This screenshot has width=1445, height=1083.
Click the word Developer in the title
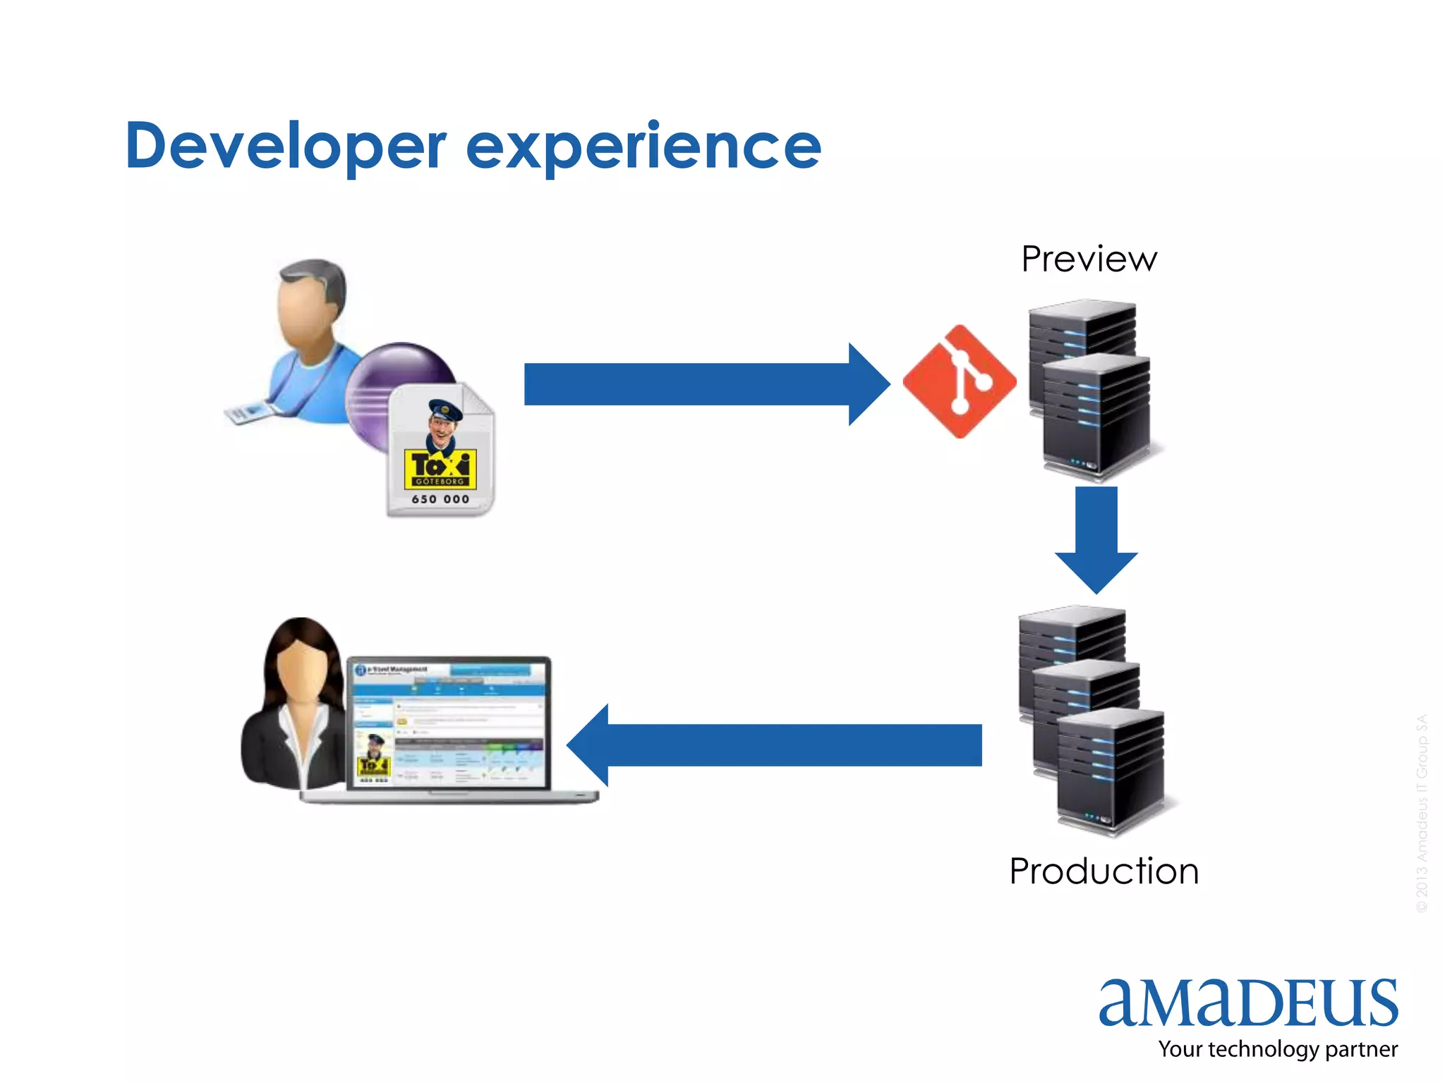tap(286, 146)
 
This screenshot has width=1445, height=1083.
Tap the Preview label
tap(1089, 259)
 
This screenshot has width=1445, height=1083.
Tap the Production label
tap(1104, 871)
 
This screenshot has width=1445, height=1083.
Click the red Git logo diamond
tap(960, 381)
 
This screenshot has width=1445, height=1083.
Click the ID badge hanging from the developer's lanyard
tap(247, 412)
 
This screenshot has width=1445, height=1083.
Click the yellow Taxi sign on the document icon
tap(440, 468)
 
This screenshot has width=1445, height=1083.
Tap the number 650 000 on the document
tap(440, 499)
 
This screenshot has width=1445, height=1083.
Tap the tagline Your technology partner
tap(1278, 1049)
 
